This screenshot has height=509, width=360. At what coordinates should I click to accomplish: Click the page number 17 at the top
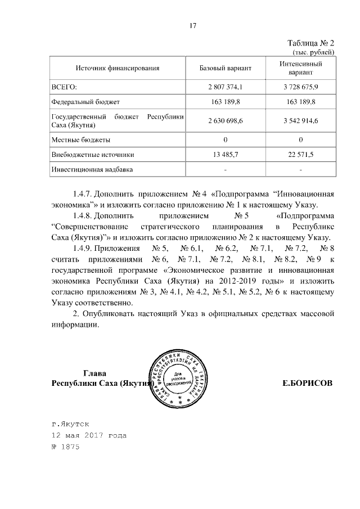point(192,25)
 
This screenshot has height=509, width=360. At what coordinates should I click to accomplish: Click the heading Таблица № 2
point(311,43)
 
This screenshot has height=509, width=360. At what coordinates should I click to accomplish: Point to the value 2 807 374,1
point(225,87)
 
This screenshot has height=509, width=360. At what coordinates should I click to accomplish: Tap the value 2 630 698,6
point(225,121)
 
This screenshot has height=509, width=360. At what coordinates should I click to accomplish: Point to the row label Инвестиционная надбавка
point(92,169)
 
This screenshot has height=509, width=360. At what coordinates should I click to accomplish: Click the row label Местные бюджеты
point(80,139)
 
